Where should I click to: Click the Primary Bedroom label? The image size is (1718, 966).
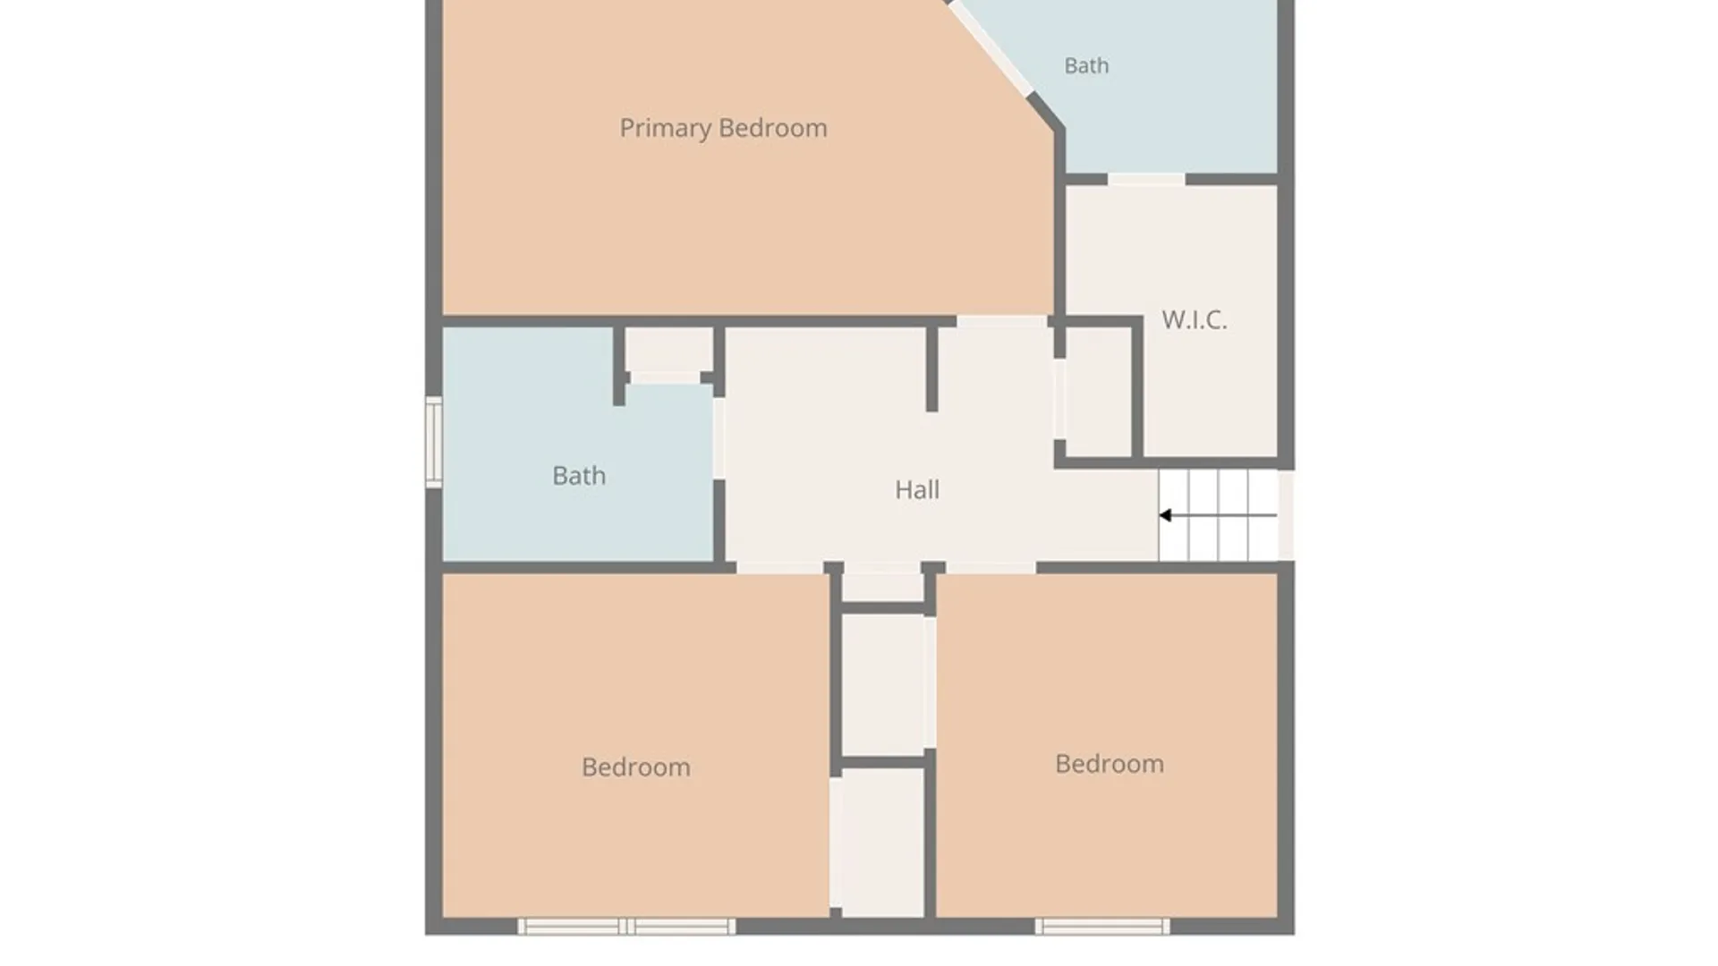(723, 129)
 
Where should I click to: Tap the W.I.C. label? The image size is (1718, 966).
(1194, 320)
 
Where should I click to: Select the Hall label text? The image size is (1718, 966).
(917, 489)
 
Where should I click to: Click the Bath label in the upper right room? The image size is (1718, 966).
(1086, 65)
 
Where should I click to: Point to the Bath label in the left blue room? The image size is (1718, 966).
(579, 475)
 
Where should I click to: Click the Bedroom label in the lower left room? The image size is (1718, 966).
(635, 767)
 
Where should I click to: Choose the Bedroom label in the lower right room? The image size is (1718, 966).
(1110, 764)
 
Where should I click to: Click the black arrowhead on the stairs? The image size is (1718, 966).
(1165, 515)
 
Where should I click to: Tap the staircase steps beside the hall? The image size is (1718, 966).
(1218, 515)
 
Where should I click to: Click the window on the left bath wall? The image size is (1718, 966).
(434, 442)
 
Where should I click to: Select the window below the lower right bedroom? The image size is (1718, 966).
(1102, 926)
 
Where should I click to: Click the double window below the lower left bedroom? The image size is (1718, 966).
(626, 926)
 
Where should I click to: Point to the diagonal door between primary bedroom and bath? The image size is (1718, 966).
(991, 47)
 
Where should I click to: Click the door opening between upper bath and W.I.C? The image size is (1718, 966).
(1146, 180)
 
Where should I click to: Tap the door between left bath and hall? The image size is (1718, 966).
(719, 438)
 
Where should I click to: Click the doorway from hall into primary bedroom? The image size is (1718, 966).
(1002, 321)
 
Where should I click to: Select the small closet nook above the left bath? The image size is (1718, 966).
(668, 351)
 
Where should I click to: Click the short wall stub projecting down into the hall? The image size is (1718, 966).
(931, 369)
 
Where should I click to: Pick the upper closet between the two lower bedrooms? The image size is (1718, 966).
(883, 684)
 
